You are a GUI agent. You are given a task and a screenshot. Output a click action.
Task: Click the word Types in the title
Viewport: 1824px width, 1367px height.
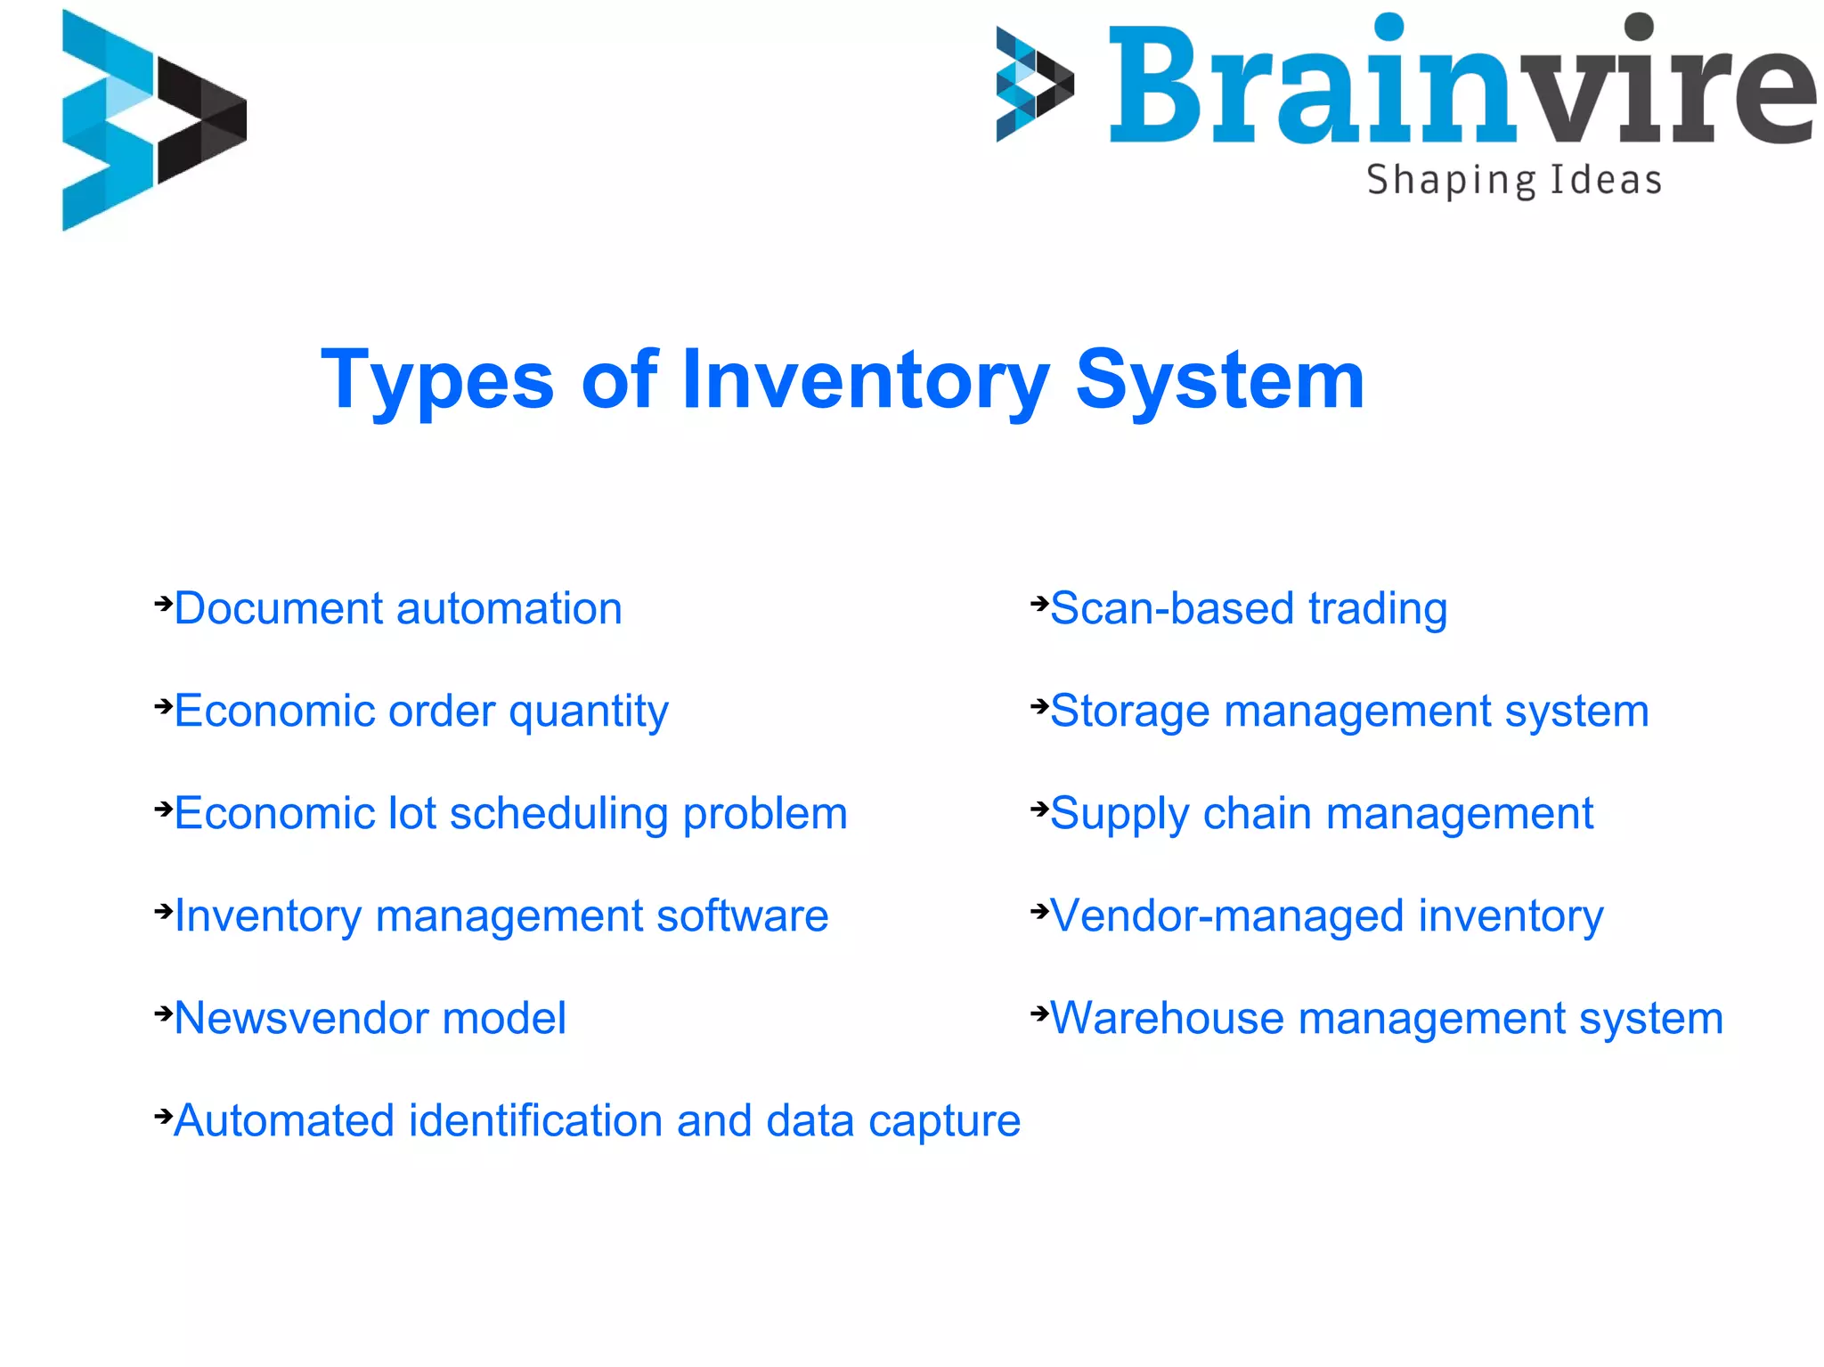pos(437,380)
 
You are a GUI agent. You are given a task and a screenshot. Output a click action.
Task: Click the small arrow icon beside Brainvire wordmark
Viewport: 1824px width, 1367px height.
pos(1034,85)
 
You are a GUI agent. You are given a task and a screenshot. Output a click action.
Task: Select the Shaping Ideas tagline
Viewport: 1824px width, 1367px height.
pos(1514,181)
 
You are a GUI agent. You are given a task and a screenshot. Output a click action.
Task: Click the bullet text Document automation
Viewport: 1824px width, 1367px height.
pos(397,609)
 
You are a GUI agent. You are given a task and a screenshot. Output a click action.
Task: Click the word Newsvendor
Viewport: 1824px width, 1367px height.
pos(300,1019)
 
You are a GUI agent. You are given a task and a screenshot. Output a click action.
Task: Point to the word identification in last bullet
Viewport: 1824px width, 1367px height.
pos(535,1121)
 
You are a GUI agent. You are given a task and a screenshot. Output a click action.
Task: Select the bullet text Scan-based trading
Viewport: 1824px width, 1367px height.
pos(1249,609)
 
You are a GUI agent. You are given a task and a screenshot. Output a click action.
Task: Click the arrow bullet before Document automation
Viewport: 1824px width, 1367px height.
pos(163,604)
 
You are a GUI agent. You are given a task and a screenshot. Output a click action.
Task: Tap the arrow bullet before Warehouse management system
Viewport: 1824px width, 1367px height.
pos(1039,1013)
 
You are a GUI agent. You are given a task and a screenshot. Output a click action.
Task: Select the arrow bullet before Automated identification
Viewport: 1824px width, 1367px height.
pos(163,1115)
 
